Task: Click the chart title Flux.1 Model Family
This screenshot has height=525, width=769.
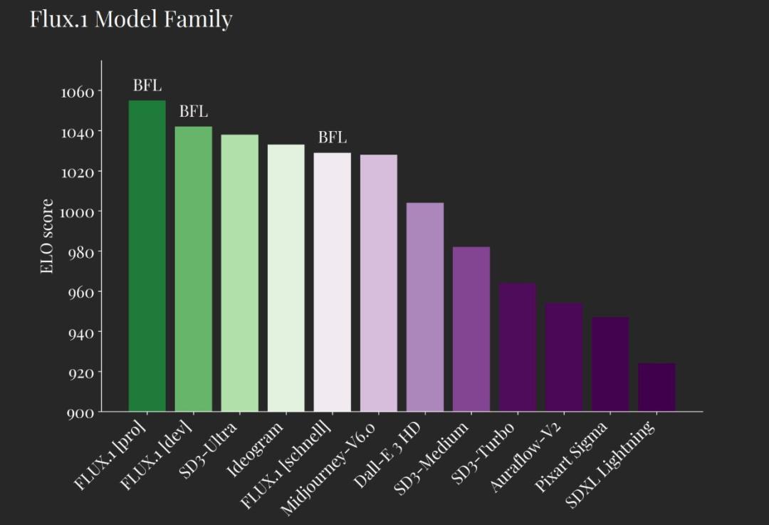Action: (x=131, y=19)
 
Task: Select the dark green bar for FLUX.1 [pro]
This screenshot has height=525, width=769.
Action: (x=147, y=256)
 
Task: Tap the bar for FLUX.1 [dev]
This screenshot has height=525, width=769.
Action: (x=194, y=269)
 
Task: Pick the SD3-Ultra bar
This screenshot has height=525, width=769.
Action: (x=240, y=273)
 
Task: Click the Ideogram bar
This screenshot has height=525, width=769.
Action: (x=286, y=278)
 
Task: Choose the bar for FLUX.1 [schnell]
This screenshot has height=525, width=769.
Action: (x=333, y=282)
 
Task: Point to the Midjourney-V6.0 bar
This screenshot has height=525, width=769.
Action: (x=379, y=283)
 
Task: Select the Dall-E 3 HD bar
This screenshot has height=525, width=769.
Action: (x=425, y=307)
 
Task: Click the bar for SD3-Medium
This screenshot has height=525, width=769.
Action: (x=471, y=329)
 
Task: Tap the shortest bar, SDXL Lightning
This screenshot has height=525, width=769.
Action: (x=656, y=388)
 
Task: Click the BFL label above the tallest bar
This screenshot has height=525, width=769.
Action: (x=147, y=85)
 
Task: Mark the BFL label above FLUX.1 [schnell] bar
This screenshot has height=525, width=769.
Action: (x=333, y=137)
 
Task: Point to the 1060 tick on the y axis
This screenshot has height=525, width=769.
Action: (x=78, y=92)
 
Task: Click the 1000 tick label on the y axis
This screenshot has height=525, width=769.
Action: (x=78, y=212)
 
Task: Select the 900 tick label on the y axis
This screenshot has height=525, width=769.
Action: (x=80, y=413)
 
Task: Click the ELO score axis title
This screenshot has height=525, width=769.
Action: (x=47, y=236)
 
